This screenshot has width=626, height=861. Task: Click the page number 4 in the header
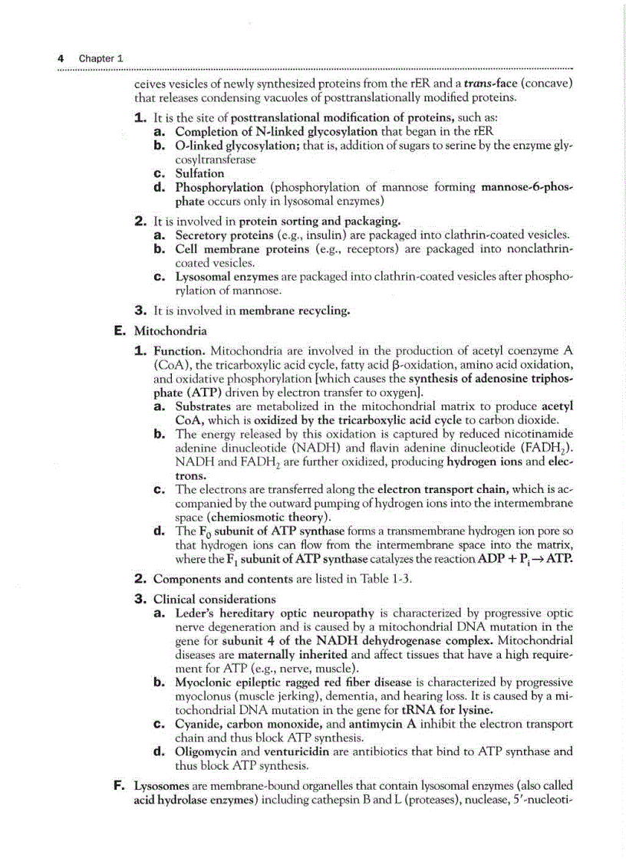click(x=61, y=58)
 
